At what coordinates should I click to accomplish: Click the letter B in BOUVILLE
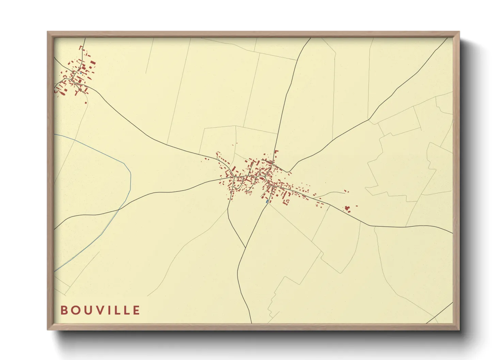64,310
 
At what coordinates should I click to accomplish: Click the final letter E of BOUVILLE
136,310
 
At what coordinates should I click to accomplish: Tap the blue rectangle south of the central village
267,201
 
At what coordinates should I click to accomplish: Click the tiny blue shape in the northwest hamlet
80,72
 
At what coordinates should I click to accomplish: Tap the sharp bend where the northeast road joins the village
288,171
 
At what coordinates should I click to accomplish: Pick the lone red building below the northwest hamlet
86,102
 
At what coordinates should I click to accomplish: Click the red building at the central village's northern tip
276,151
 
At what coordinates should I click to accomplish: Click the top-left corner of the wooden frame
48,32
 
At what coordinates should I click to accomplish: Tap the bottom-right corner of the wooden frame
459,330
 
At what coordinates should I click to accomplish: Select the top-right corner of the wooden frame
459,32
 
